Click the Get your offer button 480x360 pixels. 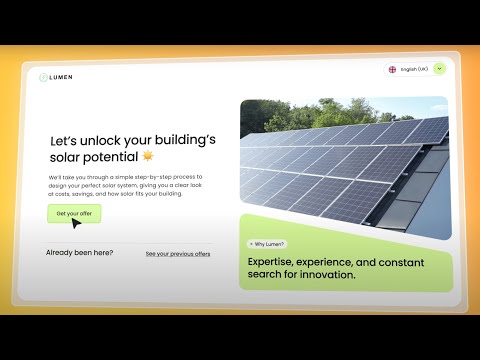tap(73, 214)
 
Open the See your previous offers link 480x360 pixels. tap(178, 254)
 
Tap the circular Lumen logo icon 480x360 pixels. tap(44, 77)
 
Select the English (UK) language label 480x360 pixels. tap(414, 69)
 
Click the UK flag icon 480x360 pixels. tap(392, 69)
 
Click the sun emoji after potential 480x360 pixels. tap(148, 156)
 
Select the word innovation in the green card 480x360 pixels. tap(325, 274)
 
